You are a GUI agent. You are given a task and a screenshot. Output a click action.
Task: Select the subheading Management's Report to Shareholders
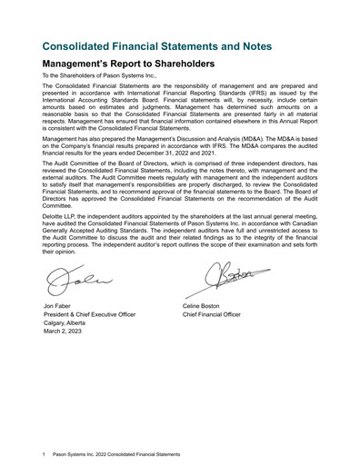pyautogui.click(x=128, y=64)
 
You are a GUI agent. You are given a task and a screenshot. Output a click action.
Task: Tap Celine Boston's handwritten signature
pyautogui.click(x=216, y=279)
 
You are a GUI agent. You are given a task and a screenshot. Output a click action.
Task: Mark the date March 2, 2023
pyautogui.click(x=62, y=333)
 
